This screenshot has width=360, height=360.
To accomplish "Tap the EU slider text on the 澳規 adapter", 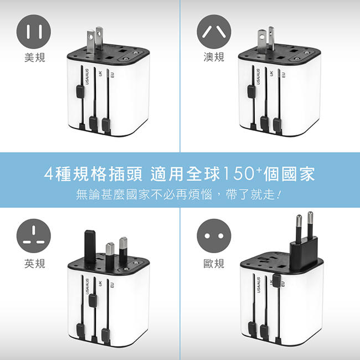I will pos(283,74).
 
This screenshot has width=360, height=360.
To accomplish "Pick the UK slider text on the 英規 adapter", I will pos(100,283).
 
